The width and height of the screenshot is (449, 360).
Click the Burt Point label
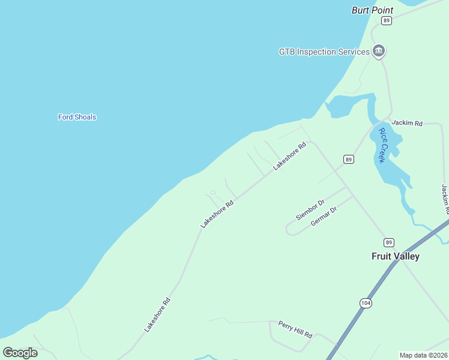(x=372, y=10)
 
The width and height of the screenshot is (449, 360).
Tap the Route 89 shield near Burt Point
(x=386, y=20)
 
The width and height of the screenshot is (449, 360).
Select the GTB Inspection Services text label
(x=324, y=52)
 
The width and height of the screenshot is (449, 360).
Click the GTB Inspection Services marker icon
(x=378, y=52)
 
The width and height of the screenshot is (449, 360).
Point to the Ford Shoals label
(x=77, y=117)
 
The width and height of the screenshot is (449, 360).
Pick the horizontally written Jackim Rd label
(x=407, y=123)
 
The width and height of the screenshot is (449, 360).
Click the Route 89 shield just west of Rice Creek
(x=348, y=159)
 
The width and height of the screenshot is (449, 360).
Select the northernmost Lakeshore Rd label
(x=290, y=155)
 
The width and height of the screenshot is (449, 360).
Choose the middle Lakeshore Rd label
(x=217, y=214)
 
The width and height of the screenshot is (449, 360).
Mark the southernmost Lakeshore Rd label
(x=158, y=315)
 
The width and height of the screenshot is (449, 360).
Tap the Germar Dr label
(x=324, y=216)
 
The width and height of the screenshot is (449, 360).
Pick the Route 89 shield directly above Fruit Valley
(x=390, y=242)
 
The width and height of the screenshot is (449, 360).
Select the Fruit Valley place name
(x=395, y=256)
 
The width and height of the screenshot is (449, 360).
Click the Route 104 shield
(x=366, y=303)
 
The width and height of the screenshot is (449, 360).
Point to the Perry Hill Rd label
(x=295, y=329)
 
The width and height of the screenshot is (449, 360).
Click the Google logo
(x=20, y=352)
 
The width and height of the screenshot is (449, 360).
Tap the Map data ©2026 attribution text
(x=424, y=355)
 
